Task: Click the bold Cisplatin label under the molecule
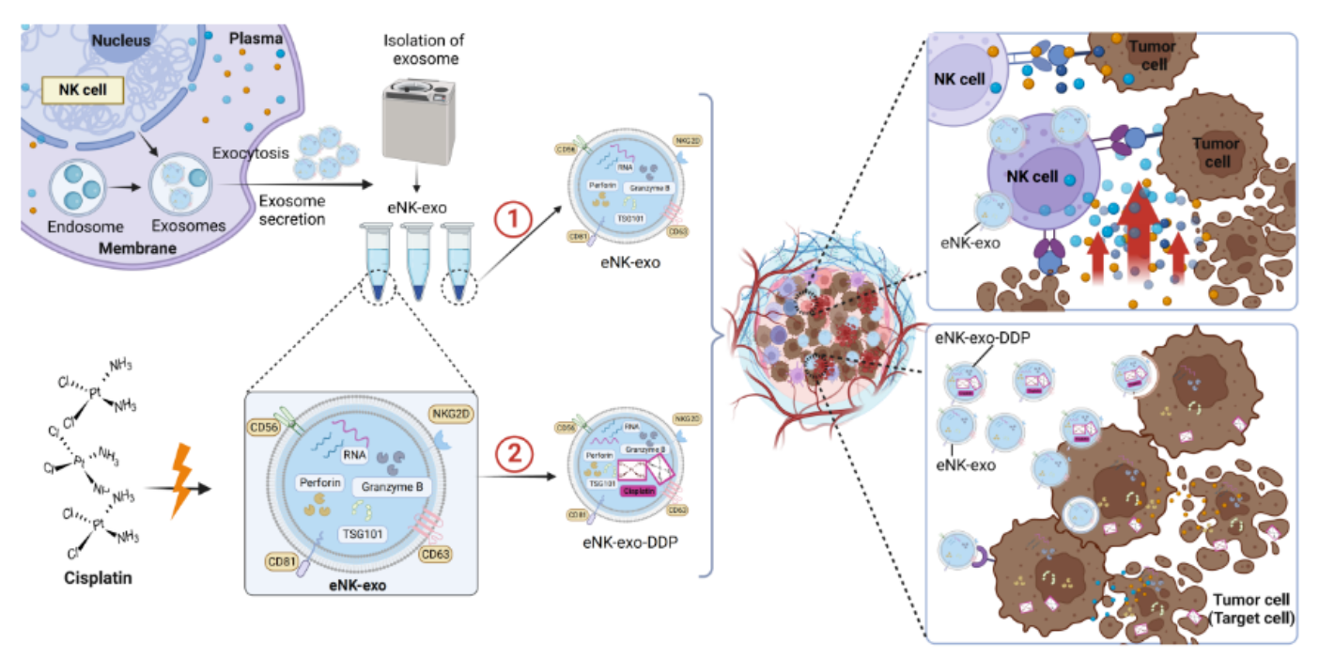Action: [93, 577]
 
